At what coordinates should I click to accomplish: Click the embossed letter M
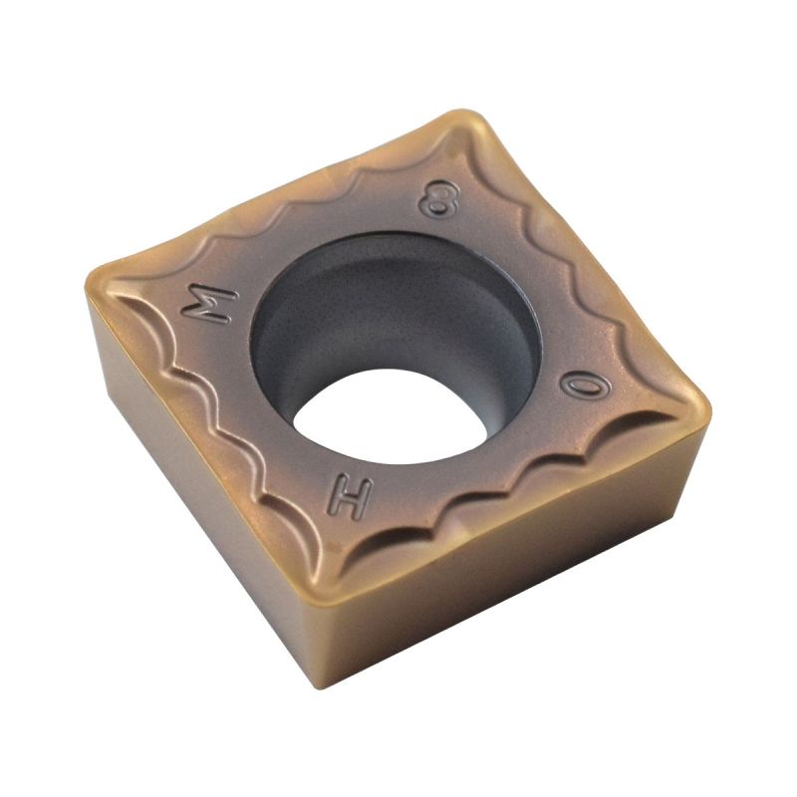click(x=210, y=303)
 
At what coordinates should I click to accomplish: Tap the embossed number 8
click(x=438, y=197)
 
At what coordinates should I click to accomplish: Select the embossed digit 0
click(x=585, y=387)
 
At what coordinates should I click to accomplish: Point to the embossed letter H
click(x=350, y=495)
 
